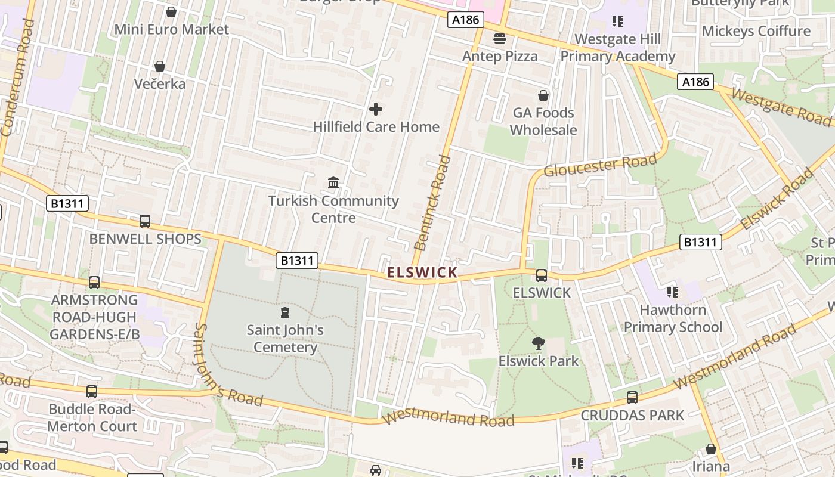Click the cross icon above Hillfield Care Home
376,109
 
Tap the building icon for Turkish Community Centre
333,182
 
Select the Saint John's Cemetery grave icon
285,312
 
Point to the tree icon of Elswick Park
539,343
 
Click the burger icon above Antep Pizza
500,39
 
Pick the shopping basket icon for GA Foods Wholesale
543,95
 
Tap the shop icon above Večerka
159,66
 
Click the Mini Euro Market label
171,29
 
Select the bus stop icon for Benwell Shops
145,221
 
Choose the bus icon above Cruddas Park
632,398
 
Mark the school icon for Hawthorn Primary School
673,292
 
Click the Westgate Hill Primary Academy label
617,48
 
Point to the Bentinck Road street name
432,203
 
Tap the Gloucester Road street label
600,165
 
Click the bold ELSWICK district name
422,272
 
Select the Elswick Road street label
777,199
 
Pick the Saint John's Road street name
228,366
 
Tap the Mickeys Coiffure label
756,31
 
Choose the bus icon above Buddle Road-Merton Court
92,392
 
